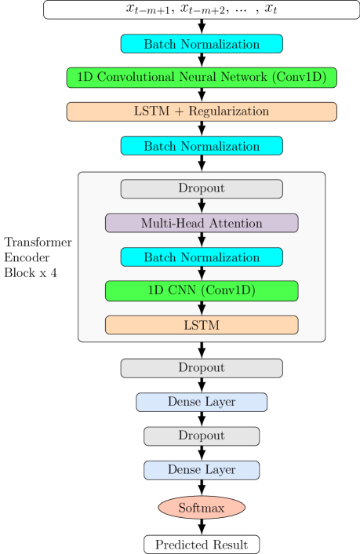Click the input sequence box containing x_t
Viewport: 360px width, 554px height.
tap(202, 9)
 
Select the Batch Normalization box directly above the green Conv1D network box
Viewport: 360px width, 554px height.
tap(202, 44)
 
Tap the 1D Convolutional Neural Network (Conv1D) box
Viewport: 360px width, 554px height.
tap(202, 78)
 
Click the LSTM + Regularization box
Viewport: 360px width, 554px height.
tap(202, 111)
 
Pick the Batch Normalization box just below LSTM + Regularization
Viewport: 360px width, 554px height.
tap(202, 146)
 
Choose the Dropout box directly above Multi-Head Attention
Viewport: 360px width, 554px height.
tap(202, 189)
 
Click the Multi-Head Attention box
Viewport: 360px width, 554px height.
tap(202, 223)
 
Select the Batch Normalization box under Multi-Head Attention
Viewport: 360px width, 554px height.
tap(202, 257)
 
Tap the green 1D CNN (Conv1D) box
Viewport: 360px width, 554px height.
tap(202, 291)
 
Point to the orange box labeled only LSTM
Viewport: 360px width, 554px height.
tap(202, 325)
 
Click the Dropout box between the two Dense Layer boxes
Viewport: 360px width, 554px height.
tap(202, 436)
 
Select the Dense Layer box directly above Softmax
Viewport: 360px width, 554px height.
tap(202, 470)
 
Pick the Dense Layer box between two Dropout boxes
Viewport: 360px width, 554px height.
tap(202, 402)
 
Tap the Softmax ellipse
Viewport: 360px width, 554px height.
tap(202, 508)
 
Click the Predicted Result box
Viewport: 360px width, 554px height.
tap(202, 545)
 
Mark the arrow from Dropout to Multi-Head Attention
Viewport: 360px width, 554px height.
tap(202, 206)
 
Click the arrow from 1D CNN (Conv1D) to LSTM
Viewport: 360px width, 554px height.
tap(202, 308)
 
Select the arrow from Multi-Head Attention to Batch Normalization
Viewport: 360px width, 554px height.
tap(202, 240)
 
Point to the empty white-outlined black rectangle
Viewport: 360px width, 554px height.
tap(38, 257)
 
